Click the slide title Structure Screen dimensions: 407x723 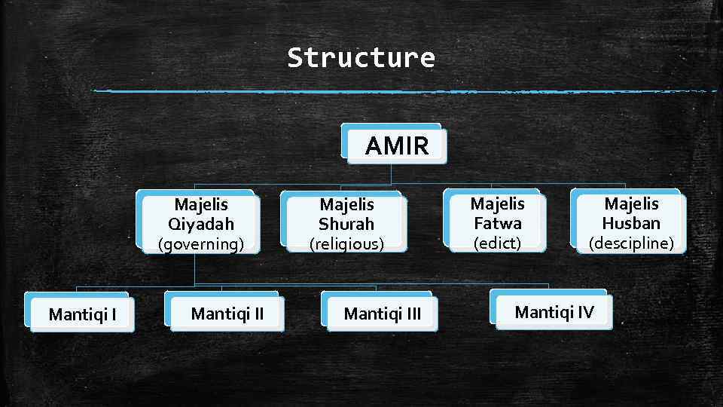click(361, 57)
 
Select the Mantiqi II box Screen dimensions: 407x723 click(227, 312)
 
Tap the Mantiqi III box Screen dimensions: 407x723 click(382, 313)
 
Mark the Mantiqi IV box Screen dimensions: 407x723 click(554, 311)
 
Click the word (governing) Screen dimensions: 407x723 click(200, 244)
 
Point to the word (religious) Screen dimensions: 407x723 click(346, 244)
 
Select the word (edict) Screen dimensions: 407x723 click(497, 243)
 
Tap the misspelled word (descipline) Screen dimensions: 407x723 click(630, 243)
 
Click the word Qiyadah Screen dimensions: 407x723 click(201, 225)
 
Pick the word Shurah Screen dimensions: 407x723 click(346, 225)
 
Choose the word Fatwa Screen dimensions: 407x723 click(497, 224)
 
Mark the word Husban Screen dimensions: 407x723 click(630, 224)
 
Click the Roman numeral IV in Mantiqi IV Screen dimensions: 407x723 click(584, 311)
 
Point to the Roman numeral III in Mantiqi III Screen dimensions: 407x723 click(413, 313)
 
